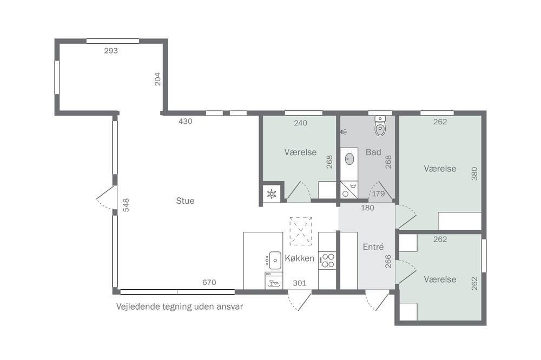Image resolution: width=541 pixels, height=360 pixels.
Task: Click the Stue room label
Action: [x=185, y=201]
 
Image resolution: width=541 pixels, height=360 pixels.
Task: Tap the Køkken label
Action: [x=300, y=258]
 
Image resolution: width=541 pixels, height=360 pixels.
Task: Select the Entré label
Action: [x=373, y=247]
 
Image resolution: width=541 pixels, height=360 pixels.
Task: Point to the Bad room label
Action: [x=373, y=152]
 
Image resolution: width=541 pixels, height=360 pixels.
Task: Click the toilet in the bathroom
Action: [x=380, y=126]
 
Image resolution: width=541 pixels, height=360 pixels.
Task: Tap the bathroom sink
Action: [x=349, y=158]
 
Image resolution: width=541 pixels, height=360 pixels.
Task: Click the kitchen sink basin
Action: [x=275, y=261]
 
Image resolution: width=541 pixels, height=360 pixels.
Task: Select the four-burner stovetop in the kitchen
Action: [x=328, y=261]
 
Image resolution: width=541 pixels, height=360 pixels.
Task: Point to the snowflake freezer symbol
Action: [x=272, y=194]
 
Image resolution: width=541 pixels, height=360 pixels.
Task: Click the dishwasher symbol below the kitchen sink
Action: [x=274, y=281]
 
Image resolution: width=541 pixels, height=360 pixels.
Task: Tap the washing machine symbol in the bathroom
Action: [x=349, y=190]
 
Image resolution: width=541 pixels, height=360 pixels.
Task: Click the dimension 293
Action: [x=111, y=51]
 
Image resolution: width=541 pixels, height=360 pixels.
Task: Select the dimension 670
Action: [x=209, y=282]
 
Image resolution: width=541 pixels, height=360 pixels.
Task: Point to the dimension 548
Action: [x=126, y=205]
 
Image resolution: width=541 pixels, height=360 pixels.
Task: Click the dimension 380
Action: [x=474, y=174]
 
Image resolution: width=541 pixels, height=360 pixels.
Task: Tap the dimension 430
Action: [x=185, y=121]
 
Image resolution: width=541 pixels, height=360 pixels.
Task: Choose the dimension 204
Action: [x=157, y=79]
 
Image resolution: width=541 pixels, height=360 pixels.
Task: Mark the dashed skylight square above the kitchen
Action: [x=300, y=231]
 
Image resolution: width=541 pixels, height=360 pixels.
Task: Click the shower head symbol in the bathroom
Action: [x=344, y=131]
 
